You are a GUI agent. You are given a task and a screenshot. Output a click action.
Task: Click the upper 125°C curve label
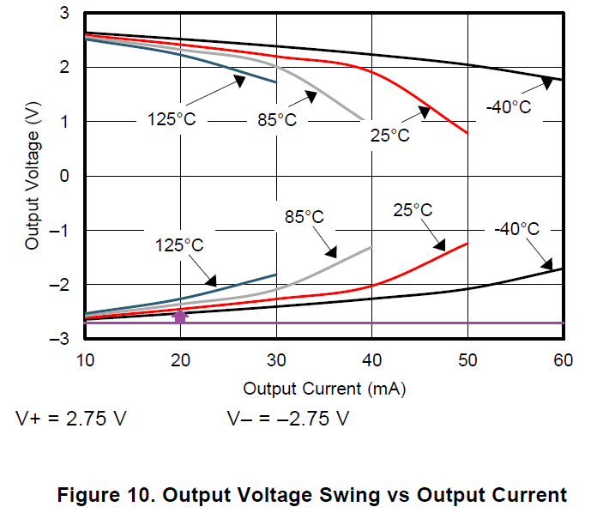[171, 119]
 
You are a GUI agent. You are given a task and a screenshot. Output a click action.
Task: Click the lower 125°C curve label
[179, 245]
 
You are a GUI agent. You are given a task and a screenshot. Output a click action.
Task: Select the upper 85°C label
[276, 120]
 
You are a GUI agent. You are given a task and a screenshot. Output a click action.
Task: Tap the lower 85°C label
[305, 217]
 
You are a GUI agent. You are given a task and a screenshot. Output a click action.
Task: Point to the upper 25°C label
[389, 136]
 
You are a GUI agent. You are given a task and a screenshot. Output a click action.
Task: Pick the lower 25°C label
[413, 210]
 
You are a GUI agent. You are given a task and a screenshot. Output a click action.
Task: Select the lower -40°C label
[516, 229]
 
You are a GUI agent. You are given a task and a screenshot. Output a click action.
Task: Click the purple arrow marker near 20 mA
[180, 317]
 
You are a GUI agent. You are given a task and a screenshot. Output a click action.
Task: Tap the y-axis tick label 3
[65, 14]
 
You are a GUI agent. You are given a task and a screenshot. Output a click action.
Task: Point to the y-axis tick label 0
[65, 177]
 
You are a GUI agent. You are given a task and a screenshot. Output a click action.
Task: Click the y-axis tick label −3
[61, 340]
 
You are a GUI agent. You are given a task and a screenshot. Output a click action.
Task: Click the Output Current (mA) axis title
[324, 389]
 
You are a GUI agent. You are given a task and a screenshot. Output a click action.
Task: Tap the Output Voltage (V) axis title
[33, 177]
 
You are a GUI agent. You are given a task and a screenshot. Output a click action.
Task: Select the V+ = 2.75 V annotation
[71, 419]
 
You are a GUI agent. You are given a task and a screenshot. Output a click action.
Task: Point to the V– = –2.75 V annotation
[288, 419]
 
